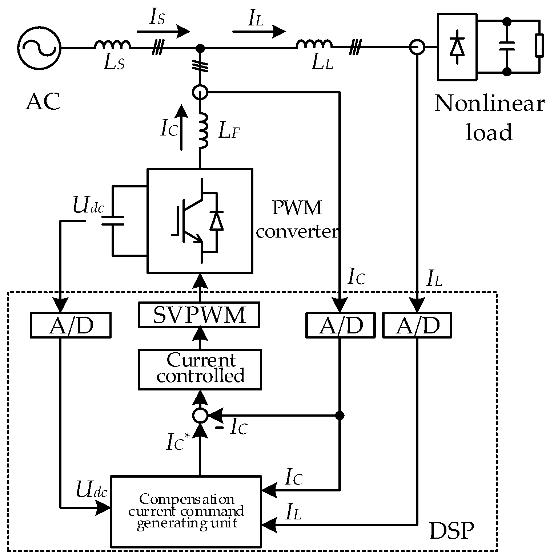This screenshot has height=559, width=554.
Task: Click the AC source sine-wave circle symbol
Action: [x=39, y=47]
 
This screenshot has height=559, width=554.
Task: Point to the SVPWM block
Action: [x=199, y=315]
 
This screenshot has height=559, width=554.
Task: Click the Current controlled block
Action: [x=200, y=369]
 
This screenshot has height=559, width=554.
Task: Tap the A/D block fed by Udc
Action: [x=70, y=325]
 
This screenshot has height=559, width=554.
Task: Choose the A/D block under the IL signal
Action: [x=417, y=325]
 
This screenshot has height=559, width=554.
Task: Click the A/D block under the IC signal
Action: [x=340, y=325]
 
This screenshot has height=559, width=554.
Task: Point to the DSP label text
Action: [x=451, y=531]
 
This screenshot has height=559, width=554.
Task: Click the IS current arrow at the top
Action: [x=163, y=32]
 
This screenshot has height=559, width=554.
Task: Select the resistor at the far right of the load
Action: [x=539, y=46]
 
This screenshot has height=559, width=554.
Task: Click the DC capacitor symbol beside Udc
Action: [x=113, y=221]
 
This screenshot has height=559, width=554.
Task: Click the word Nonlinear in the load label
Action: [x=489, y=104]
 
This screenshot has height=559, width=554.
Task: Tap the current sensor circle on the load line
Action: [x=417, y=48]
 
